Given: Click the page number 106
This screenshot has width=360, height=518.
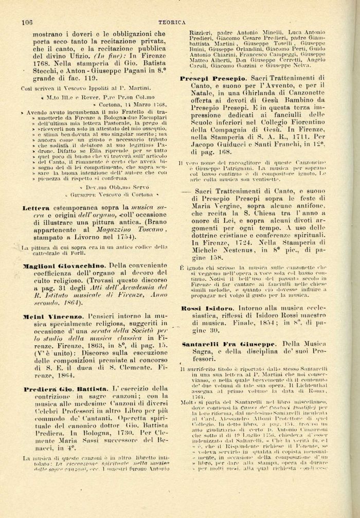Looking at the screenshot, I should click(x=27, y=22).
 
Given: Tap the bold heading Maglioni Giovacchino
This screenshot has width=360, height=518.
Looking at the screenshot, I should click(x=62, y=265).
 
